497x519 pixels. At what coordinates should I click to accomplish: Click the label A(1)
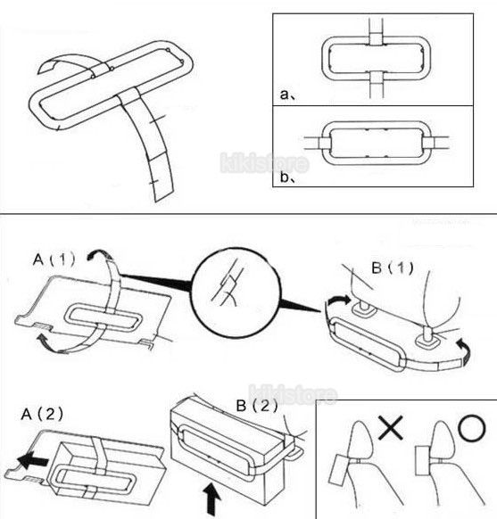coord(54,259)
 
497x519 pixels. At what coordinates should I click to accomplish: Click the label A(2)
coord(42,414)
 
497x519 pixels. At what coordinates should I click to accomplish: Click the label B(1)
coord(393,268)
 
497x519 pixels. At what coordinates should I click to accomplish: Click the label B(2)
coord(257,406)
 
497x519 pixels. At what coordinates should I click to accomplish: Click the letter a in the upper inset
coord(284,95)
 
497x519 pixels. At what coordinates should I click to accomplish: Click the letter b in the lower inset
coord(285,177)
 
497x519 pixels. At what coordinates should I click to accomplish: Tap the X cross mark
coord(391,428)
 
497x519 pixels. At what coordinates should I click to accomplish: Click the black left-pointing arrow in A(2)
coord(32,460)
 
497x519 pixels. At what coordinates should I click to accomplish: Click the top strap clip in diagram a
coord(376,38)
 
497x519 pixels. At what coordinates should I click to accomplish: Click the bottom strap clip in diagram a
coord(376,77)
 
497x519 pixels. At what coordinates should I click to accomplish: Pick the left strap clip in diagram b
coord(325,143)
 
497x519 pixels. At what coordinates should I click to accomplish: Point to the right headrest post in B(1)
coord(427,337)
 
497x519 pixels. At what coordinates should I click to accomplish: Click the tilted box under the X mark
coord(339,469)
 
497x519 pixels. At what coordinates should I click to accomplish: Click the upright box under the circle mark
coord(423,461)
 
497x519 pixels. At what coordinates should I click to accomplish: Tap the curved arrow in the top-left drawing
coord(66,62)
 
